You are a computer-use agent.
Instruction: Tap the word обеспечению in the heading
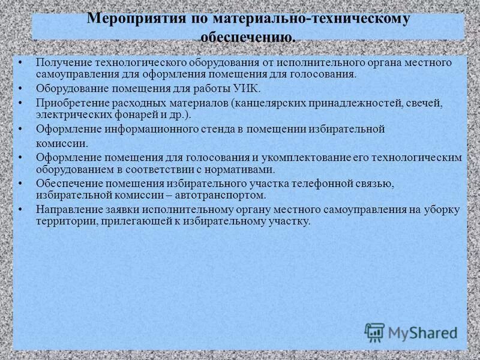click(247, 37)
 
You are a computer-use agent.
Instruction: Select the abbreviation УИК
click(246, 89)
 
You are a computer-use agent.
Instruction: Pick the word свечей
click(425, 103)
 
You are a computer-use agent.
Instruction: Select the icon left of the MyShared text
click(374, 332)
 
